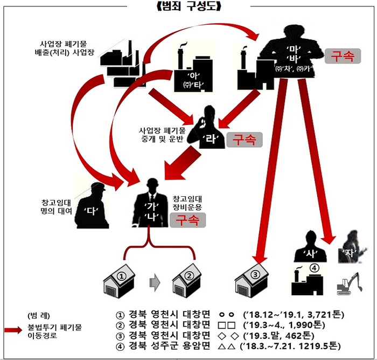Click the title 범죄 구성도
pos(188,6)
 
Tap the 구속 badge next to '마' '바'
pos(343,56)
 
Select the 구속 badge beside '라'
pos(245,140)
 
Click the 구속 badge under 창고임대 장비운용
pos(188,220)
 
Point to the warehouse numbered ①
pos(119,281)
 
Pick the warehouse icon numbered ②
pos(187,281)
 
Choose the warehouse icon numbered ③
pos(252,280)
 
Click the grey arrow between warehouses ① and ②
pos(155,282)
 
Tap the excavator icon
pos(350,284)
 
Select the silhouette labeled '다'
pos(92,206)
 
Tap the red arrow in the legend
pos(13,330)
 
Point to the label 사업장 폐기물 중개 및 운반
pos(162,135)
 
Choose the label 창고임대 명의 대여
pos(56,207)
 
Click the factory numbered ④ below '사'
pos(307,280)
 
